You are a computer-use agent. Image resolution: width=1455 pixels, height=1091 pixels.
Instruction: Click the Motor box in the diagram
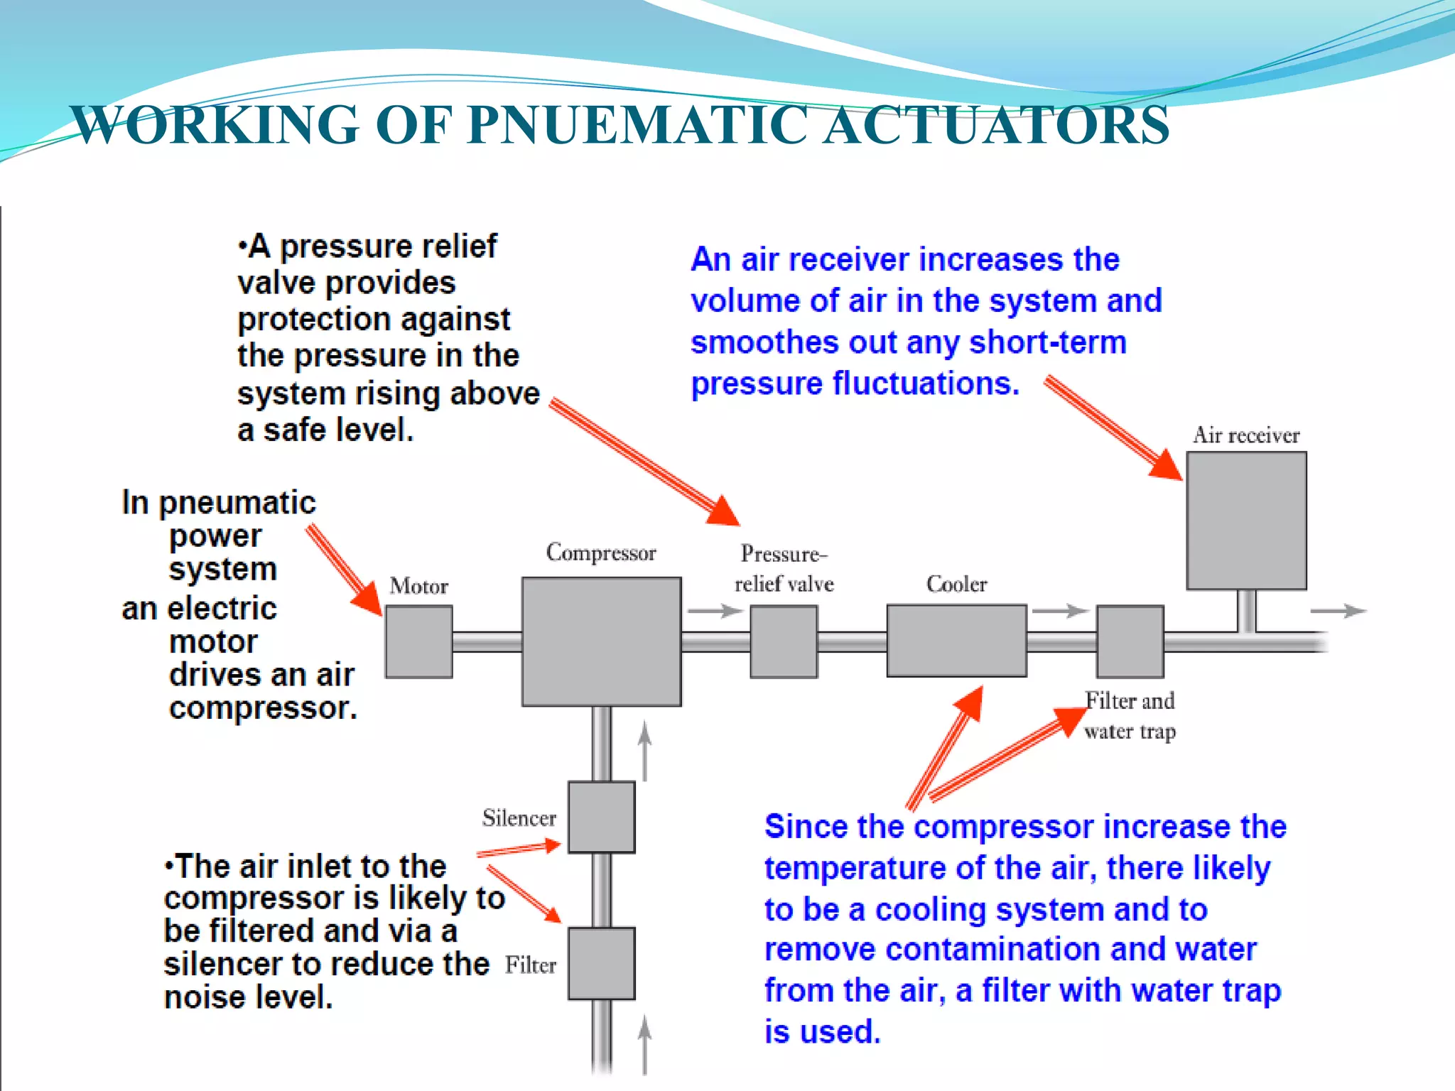tap(418, 641)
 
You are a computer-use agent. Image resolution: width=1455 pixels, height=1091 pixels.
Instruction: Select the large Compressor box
tap(601, 641)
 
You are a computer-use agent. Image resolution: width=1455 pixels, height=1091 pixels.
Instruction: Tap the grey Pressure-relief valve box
tap(784, 641)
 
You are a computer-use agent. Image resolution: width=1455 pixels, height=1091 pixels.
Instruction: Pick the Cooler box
tap(956, 641)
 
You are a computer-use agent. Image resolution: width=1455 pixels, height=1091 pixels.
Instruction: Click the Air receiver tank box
tap(1246, 521)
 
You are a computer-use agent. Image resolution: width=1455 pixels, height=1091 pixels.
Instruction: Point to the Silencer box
tap(601, 817)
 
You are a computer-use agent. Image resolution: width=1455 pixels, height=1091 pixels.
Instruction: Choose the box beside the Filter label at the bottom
tap(601, 963)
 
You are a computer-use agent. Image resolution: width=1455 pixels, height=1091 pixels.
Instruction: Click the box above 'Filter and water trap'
tap(1130, 641)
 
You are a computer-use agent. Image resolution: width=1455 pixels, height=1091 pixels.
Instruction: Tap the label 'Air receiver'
tap(1246, 435)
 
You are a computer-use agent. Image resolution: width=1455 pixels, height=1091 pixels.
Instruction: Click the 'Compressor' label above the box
tap(601, 553)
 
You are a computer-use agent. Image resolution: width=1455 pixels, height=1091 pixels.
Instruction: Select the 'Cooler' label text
tap(956, 584)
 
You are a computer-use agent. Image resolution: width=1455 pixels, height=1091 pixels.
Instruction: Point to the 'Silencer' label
tap(519, 818)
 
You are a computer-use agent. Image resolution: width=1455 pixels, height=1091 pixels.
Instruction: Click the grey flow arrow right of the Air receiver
tap(1338, 611)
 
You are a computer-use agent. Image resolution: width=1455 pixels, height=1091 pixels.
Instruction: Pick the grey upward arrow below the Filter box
tap(644, 1044)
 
